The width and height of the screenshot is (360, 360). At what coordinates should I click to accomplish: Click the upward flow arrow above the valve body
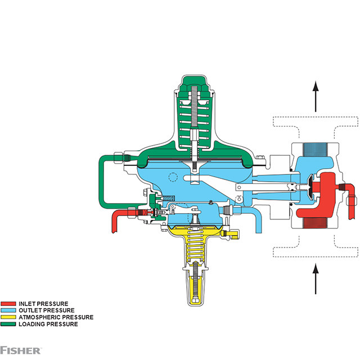[316, 96]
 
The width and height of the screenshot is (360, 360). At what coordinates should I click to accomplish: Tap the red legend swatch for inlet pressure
[8, 304]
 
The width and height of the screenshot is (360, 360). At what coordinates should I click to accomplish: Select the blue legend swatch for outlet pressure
[8, 310]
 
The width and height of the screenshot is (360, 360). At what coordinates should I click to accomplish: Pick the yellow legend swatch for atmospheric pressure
[8, 317]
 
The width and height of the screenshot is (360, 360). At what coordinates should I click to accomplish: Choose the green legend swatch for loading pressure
[8, 324]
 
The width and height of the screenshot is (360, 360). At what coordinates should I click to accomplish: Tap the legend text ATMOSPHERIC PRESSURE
[56, 317]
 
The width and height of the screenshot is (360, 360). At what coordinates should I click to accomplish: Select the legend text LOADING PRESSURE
[48, 324]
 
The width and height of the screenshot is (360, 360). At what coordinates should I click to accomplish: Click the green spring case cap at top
[194, 84]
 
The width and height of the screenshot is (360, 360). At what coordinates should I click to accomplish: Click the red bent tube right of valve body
[350, 197]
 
